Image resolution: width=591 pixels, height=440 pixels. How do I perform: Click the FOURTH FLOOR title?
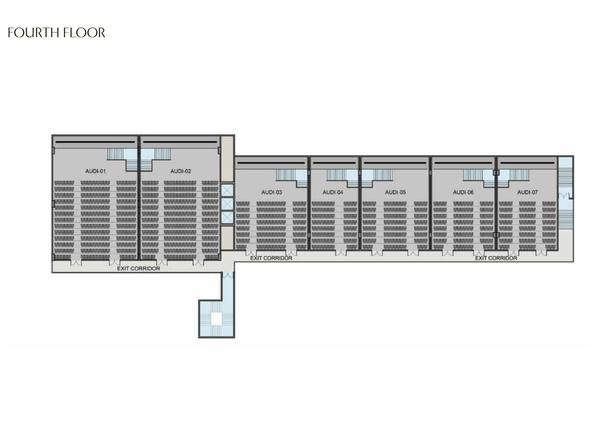click(x=56, y=33)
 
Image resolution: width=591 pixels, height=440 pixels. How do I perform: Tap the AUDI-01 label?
click(x=95, y=171)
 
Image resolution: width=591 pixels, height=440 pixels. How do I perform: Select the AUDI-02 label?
click(x=181, y=171)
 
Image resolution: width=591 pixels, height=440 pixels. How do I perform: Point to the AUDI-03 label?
click(x=271, y=192)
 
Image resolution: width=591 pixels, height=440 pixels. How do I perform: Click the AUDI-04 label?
click(x=333, y=192)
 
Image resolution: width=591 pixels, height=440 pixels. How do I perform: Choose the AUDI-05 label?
click(x=395, y=192)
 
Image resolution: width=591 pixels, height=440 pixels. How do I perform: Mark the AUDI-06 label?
click(x=463, y=192)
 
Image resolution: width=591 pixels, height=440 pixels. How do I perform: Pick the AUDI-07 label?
click(x=528, y=192)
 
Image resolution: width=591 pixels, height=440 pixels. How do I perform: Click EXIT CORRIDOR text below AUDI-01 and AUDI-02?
click(x=138, y=268)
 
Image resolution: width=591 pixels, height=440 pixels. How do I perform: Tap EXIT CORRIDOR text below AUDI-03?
click(x=271, y=258)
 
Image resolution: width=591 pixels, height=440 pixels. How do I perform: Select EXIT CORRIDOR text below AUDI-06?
click(x=496, y=258)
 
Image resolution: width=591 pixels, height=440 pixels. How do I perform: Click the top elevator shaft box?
click(x=227, y=190)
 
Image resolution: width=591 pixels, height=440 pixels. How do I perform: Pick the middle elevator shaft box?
click(x=227, y=204)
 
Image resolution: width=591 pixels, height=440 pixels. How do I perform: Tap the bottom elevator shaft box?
click(x=227, y=217)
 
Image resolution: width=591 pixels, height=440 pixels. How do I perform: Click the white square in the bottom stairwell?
click(x=216, y=319)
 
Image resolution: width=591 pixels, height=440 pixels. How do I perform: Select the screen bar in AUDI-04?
click(x=334, y=163)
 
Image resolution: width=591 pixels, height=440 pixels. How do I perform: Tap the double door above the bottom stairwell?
click(x=228, y=275)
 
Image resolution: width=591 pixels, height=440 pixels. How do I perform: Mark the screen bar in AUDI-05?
click(x=395, y=163)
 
